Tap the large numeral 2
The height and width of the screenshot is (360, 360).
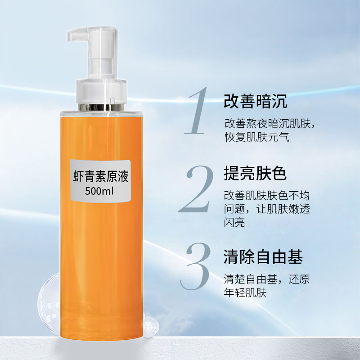(196, 189)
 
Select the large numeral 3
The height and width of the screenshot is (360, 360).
(195, 266)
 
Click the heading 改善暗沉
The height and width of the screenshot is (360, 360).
(255, 101)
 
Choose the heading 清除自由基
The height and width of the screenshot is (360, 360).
(263, 256)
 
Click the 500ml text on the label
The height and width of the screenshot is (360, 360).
(99, 191)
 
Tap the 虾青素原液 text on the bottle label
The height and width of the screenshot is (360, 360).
(100, 176)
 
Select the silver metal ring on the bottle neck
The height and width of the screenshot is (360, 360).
(101, 107)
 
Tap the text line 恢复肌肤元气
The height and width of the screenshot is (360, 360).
(256, 137)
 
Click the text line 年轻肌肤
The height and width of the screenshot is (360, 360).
(245, 292)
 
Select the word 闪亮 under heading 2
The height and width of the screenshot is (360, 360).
(234, 222)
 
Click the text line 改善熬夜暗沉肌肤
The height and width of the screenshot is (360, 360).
(267, 123)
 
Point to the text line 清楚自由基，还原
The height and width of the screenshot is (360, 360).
(267, 279)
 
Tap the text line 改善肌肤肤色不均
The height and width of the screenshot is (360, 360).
(267, 196)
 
